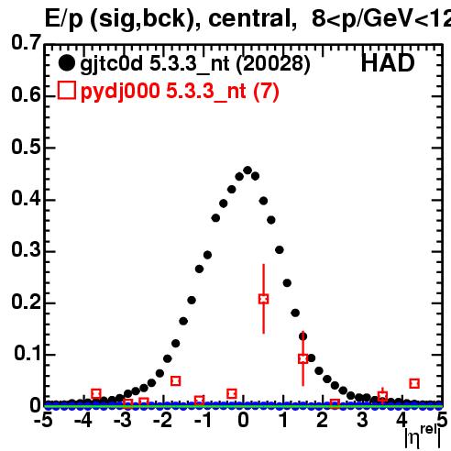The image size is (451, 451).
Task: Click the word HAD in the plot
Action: [388, 63]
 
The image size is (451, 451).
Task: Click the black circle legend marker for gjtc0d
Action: [66, 63]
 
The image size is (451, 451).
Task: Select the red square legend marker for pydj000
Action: [67, 90]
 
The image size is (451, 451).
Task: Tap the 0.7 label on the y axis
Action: [26, 42]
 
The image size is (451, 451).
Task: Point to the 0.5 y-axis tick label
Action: [26, 147]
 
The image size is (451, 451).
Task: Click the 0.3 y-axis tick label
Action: [26, 250]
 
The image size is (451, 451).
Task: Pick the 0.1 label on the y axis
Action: [27, 353]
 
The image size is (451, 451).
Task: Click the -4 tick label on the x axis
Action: [83, 421]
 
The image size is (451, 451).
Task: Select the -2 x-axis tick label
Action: [163, 421]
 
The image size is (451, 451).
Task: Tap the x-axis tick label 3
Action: [362, 421]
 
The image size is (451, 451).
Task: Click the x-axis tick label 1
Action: [284, 421]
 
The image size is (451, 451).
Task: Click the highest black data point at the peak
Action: [247, 170]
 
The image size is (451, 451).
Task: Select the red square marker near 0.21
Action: [263, 299]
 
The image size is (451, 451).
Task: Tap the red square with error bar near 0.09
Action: [302, 358]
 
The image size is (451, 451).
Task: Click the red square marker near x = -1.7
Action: [175, 381]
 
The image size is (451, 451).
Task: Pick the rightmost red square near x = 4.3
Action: [414, 383]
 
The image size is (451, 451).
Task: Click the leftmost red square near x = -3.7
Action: [96, 394]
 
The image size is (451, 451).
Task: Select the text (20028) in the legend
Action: [273, 63]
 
